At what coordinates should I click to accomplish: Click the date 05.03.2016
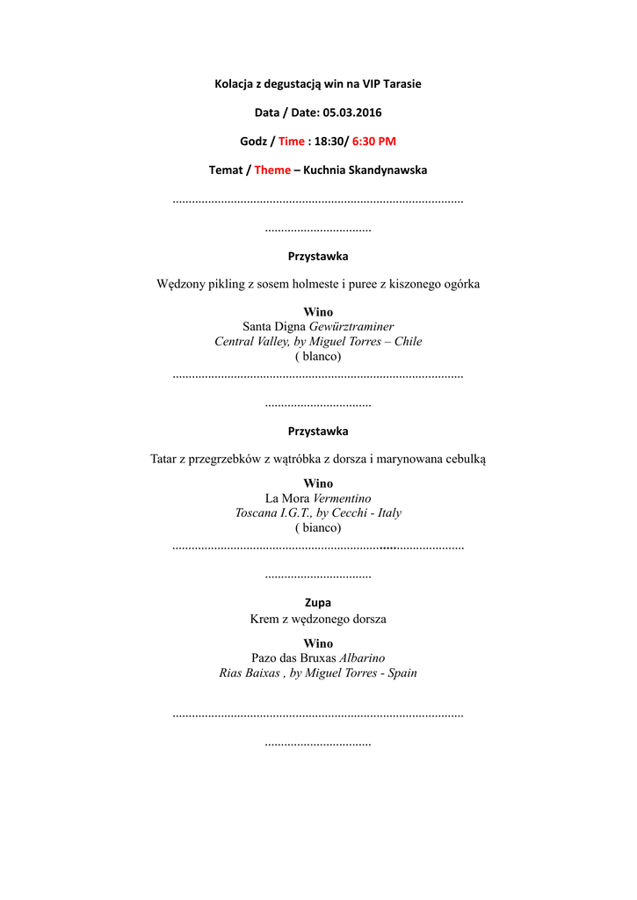(x=352, y=112)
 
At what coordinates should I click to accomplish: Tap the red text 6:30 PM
(x=374, y=141)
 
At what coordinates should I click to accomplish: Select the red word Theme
(x=272, y=170)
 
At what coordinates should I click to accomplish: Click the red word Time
(x=292, y=141)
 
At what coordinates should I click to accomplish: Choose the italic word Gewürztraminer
(x=351, y=326)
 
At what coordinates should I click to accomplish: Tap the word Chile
(x=408, y=341)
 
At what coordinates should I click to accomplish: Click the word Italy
(x=389, y=512)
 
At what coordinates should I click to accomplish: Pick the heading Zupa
(x=318, y=603)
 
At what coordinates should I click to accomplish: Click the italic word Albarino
(x=362, y=657)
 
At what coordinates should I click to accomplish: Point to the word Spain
(x=401, y=672)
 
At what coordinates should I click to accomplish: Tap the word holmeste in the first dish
(x=311, y=284)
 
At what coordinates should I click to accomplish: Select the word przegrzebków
(x=228, y=459)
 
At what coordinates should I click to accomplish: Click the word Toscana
(x=256, y=512)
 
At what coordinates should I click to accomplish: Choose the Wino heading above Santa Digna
(x=318, y=312)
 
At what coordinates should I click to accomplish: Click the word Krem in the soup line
(x=264, y=619)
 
